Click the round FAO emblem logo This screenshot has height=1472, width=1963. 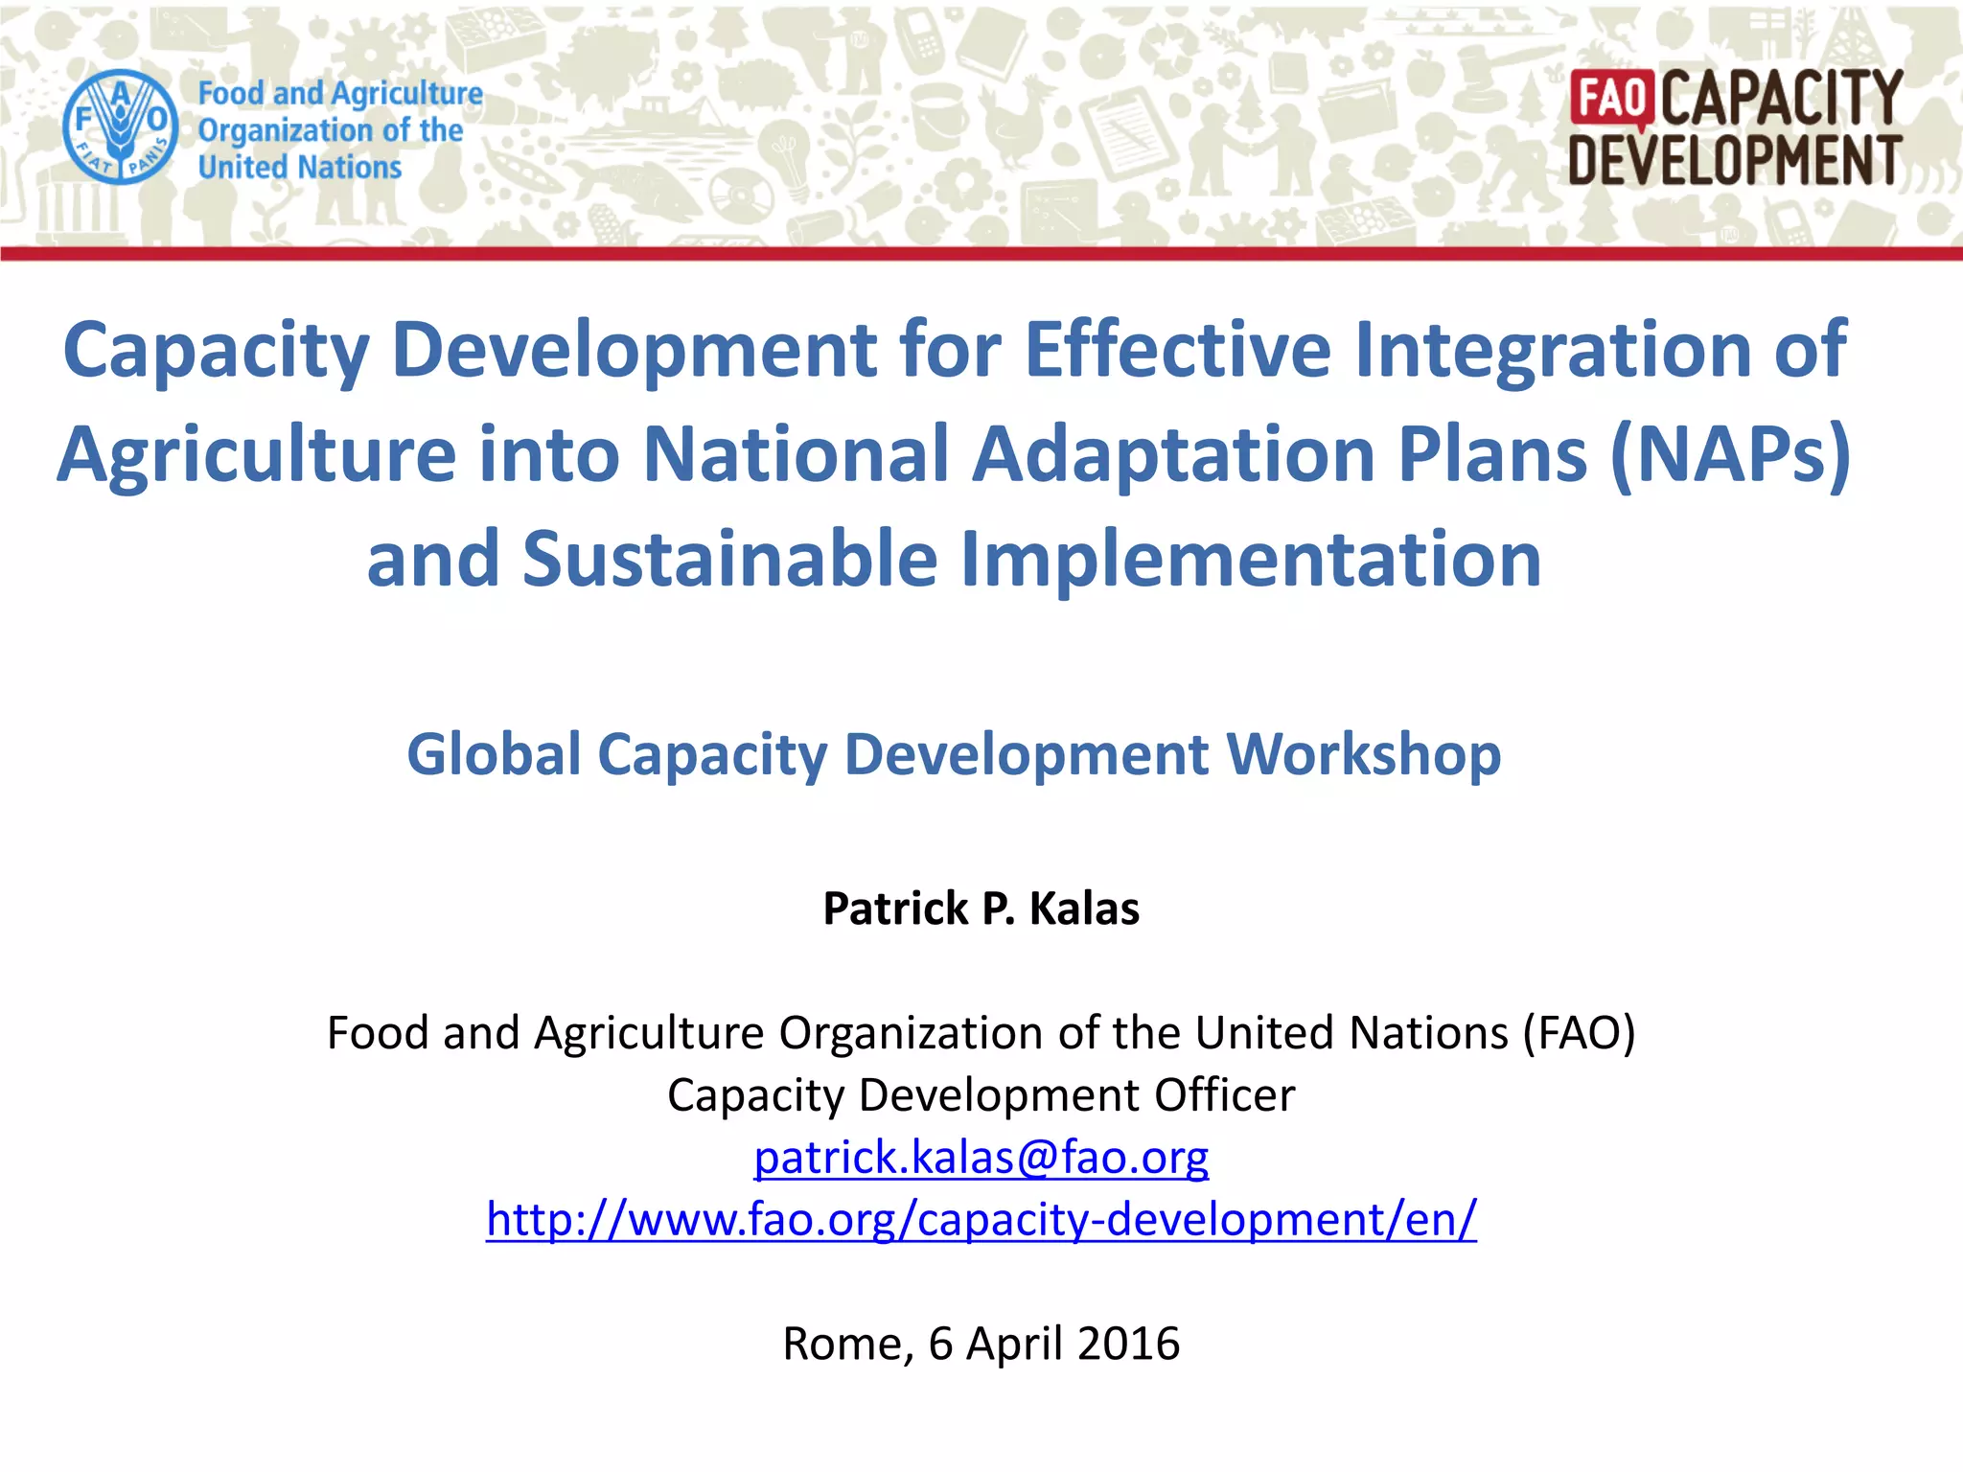coord(120,126)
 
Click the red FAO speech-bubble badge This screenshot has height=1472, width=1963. coord(1612,99)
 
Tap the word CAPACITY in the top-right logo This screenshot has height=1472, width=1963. coord(1782,98)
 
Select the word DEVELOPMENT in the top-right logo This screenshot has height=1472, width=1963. coord(1735,160)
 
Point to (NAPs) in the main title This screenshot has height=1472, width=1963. coord(1730,453)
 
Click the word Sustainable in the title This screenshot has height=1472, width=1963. coord(729,559)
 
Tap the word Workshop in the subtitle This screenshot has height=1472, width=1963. coord(1364,754)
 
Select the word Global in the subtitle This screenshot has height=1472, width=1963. coord(494,754)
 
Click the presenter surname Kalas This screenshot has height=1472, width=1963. coord(1084,908)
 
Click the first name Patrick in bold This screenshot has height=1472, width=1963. coord(895,908)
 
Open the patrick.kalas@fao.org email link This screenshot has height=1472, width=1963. coord(981,1157)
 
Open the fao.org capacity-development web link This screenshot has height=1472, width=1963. coord(981,1219)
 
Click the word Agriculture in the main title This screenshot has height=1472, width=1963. coord(257,453)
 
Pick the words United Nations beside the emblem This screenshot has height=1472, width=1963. coord(299,167)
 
